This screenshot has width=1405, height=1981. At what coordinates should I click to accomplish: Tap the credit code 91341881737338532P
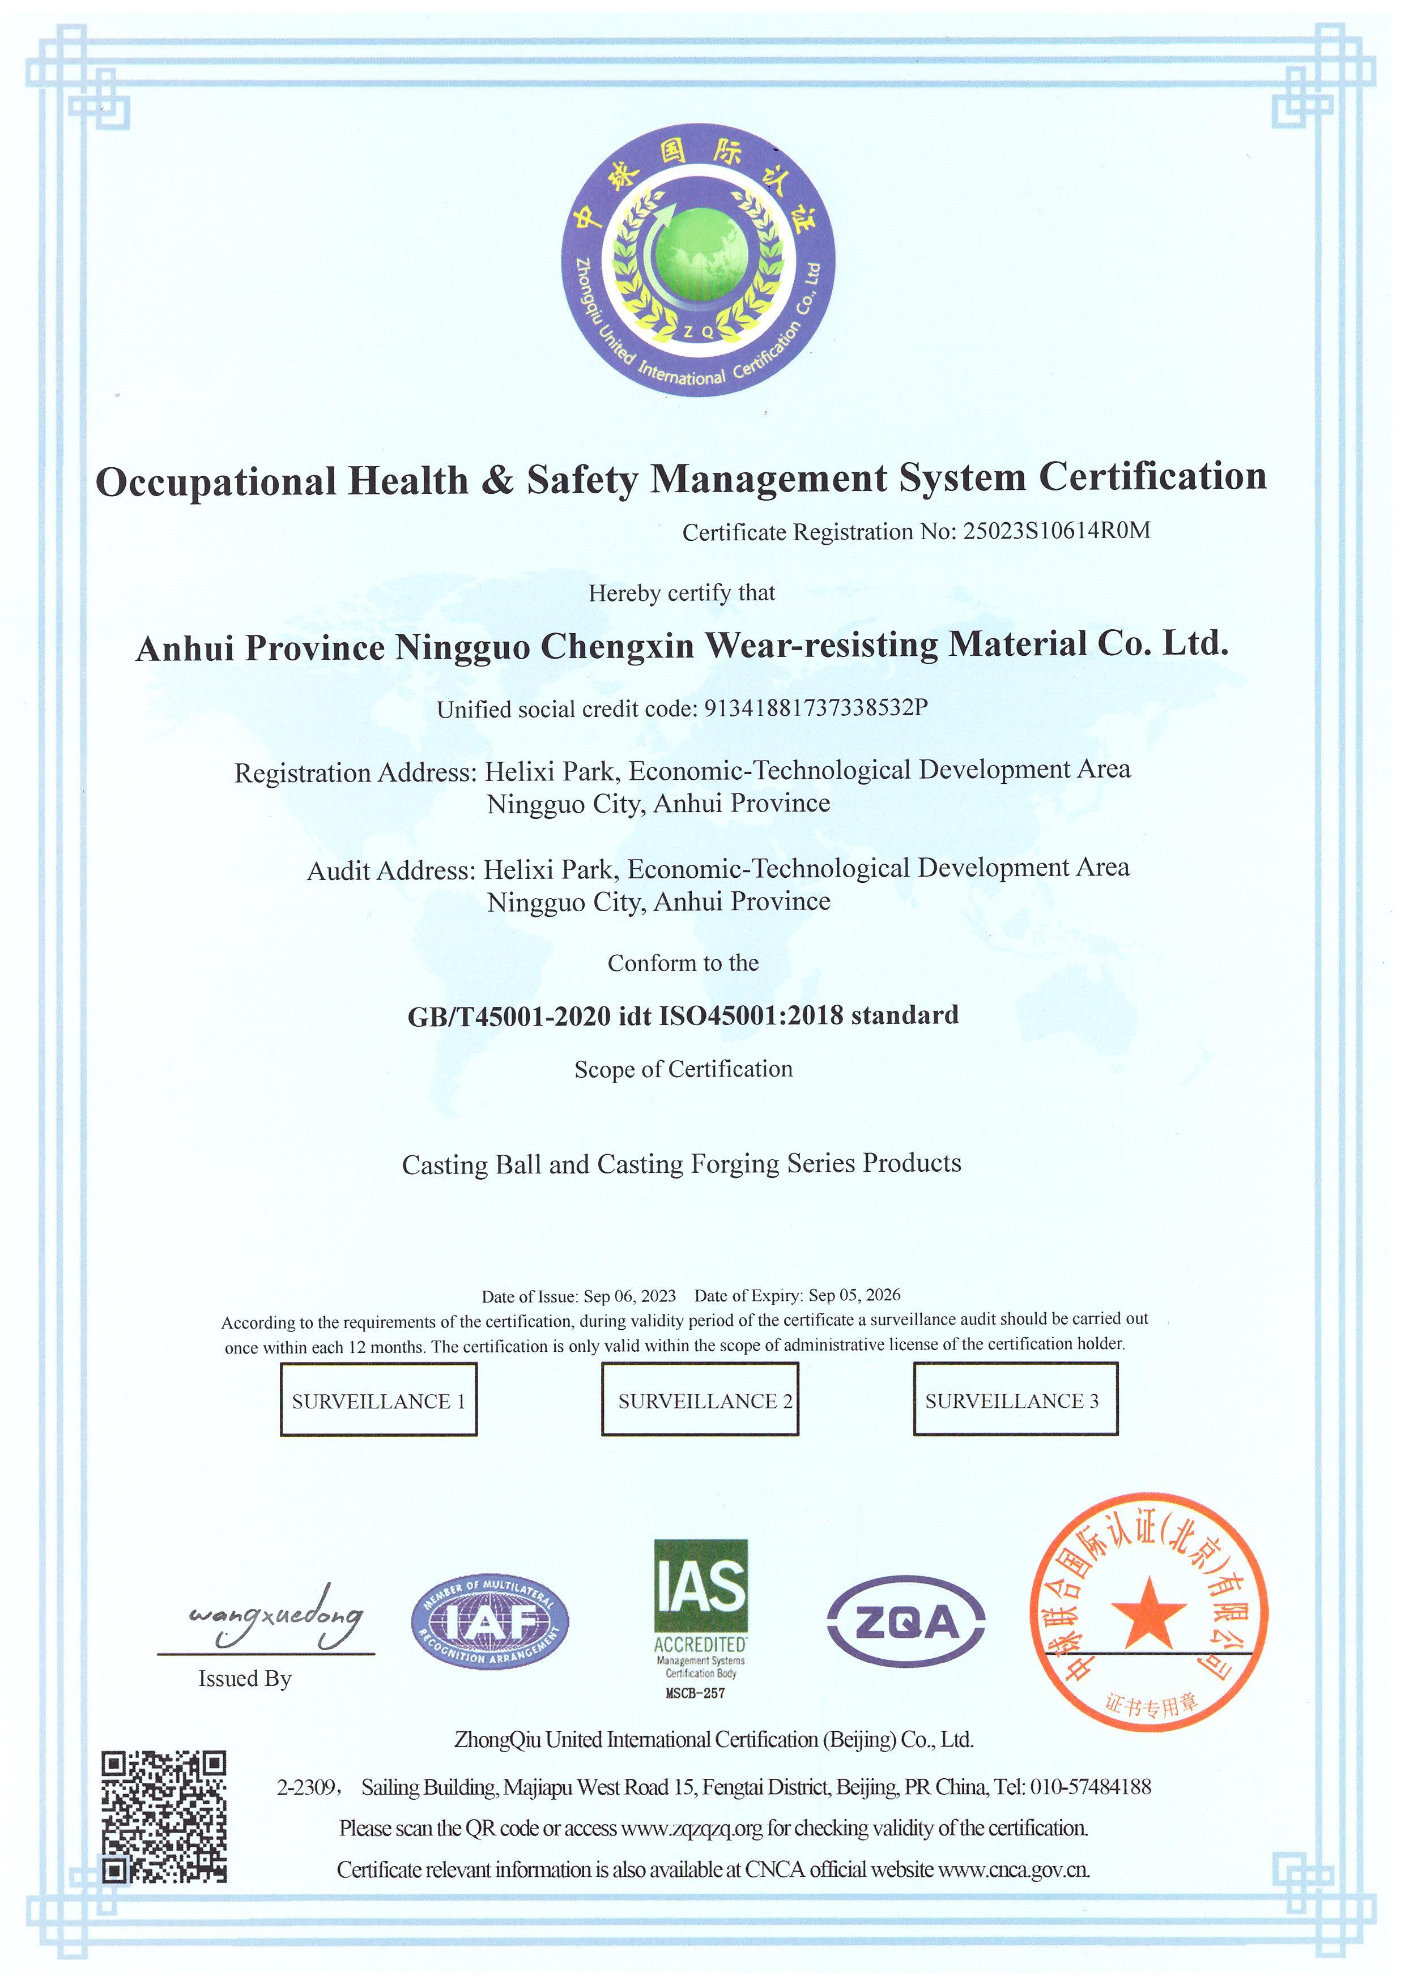(817, 708)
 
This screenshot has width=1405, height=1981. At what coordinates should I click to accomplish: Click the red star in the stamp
(1148, 1613)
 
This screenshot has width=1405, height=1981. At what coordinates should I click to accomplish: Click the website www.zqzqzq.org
(692, 1828)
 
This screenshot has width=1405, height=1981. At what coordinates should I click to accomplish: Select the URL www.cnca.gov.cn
(1014, 1869)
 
